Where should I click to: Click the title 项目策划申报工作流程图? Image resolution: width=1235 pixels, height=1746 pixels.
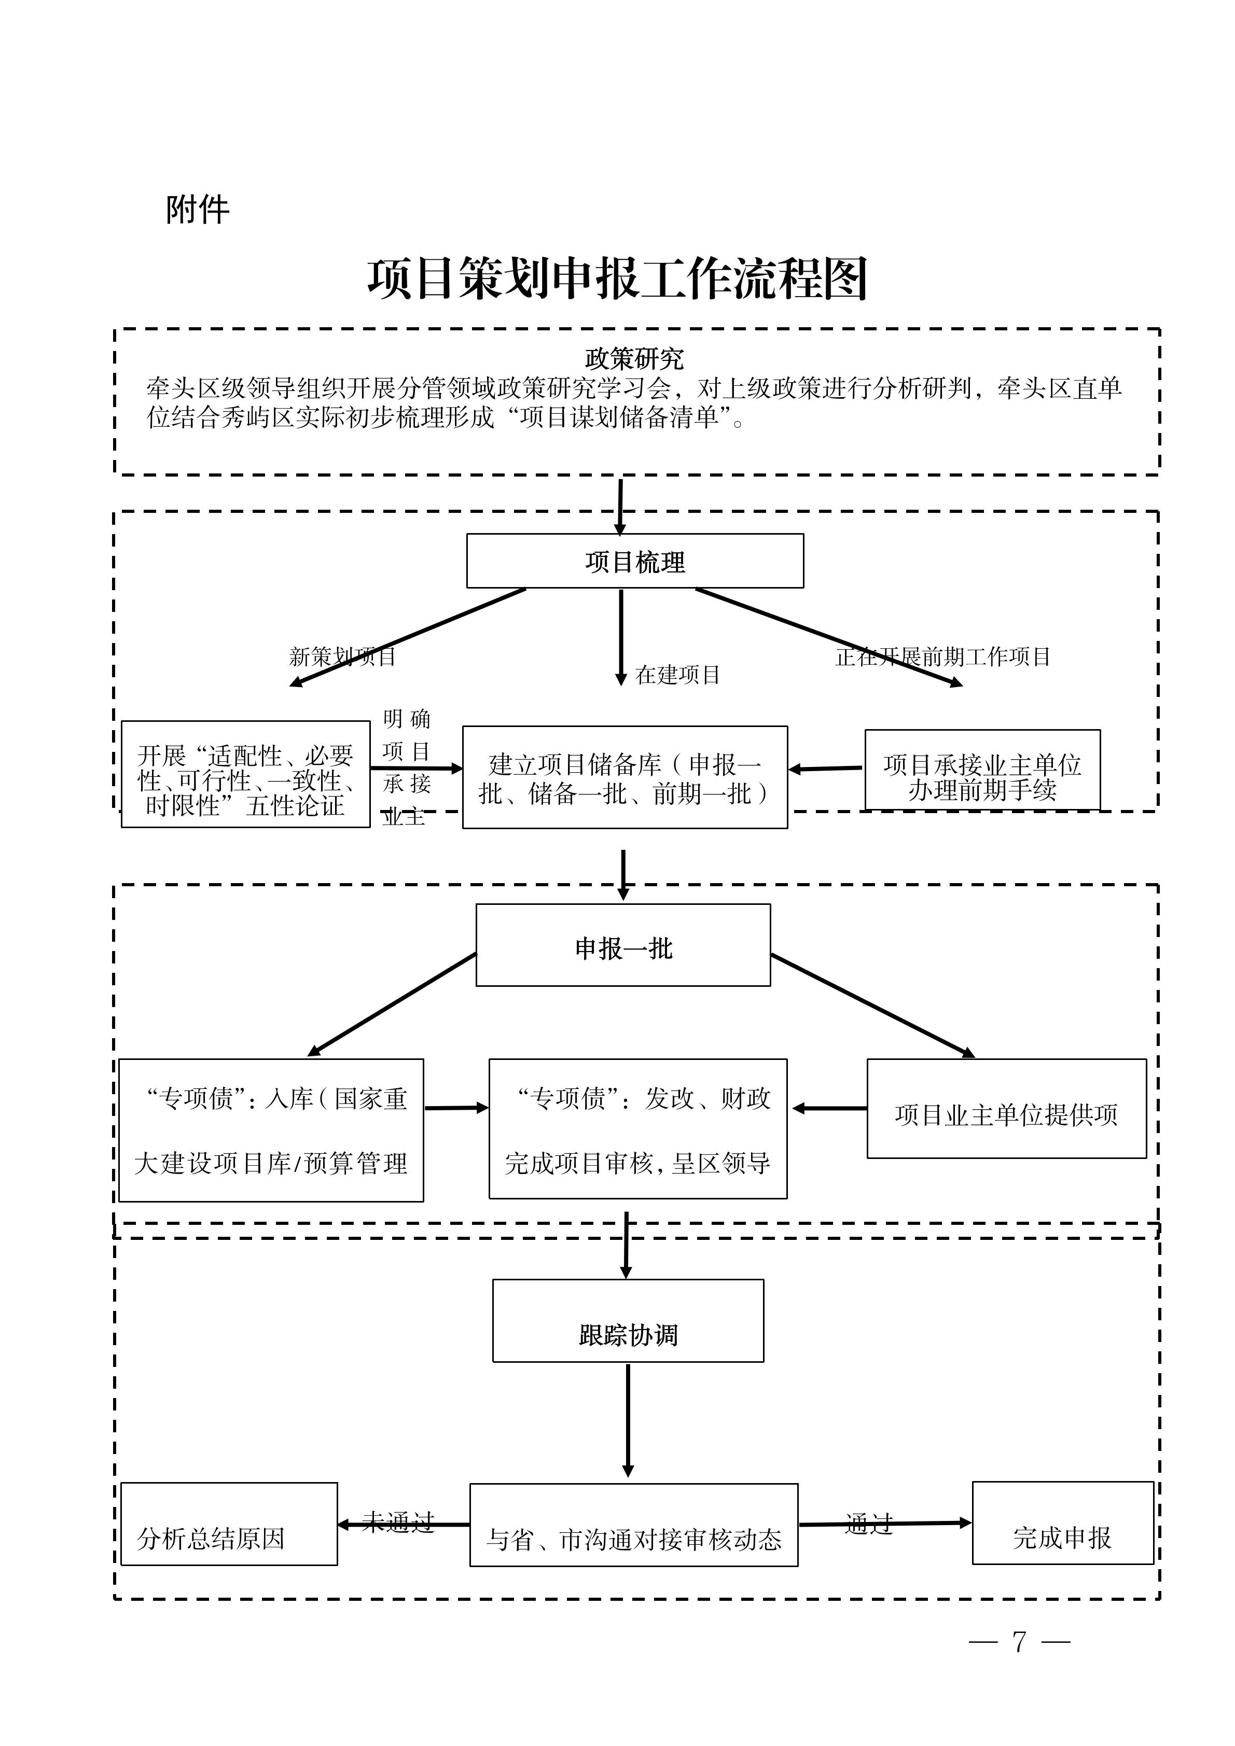click(617, 279)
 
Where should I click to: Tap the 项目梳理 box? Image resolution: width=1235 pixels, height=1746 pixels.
click(634, 561)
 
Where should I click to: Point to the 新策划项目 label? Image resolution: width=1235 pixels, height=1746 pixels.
click(342, 657)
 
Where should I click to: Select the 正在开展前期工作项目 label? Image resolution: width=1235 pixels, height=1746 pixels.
click(942, 657)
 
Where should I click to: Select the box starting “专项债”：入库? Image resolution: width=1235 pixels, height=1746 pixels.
click(271, 1130)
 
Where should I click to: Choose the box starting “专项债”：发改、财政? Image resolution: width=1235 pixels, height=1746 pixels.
click(637, 1129)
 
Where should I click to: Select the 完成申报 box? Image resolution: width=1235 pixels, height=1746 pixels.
click(1062, 1538)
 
